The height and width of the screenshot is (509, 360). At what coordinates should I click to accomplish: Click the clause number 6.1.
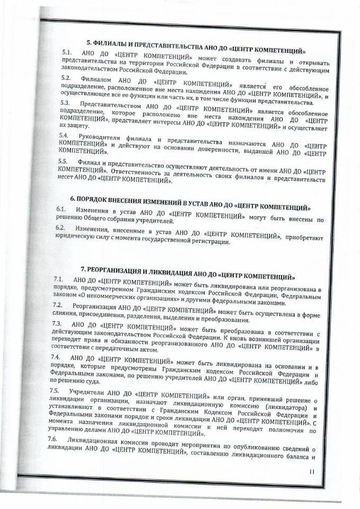coord(61,210)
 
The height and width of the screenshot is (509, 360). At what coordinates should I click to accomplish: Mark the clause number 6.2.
coord(60,227)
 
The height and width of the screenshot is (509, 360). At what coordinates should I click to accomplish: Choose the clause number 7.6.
coord(52,440)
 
